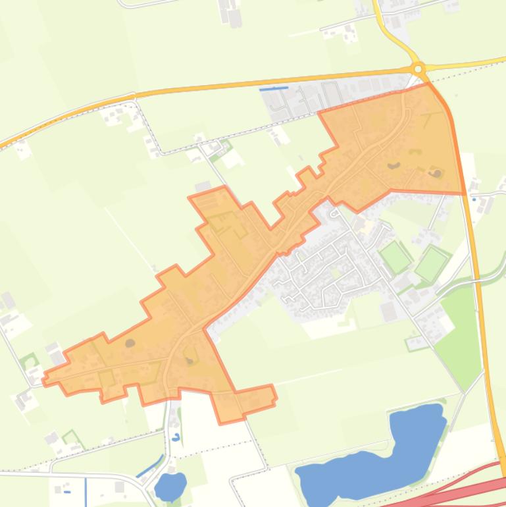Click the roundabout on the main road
(418, 68)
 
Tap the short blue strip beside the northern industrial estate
(274, 88)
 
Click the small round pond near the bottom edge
(170, 487)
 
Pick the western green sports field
(395, 257)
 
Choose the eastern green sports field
(432, 263)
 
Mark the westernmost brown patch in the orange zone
(130, 343)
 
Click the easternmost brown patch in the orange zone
(437, 173)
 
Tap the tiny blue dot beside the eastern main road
(473, 200)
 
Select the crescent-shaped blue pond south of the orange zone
(176, 437)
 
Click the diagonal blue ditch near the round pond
(150, 466)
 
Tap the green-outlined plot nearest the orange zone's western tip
(29, 361)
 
